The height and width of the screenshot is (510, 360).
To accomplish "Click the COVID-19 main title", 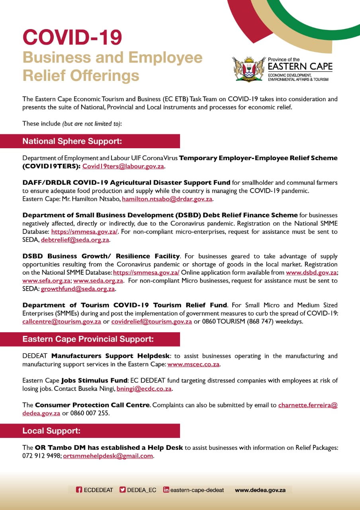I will click(x=72, y=38).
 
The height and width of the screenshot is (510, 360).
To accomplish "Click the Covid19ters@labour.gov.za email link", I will click(x=123, y=166).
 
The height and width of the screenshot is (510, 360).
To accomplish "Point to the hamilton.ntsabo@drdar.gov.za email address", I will click(x=167, y=199).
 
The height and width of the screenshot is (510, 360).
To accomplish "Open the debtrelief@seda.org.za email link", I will click(x=75, y=240).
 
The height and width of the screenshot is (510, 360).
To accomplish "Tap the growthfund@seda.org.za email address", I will click(x=78, y=289).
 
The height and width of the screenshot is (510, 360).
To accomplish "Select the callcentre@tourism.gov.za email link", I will click(x=62, y=322).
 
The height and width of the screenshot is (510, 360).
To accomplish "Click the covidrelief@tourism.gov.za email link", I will click(x=152, y=322).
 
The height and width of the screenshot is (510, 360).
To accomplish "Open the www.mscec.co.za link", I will click(x=194, y=364).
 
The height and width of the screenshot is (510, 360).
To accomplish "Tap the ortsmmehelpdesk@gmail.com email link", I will click(x=108, y=456).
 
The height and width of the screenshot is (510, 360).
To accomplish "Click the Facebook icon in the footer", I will click(x=79, y=490).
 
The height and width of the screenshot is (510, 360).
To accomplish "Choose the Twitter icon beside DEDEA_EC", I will click(x=123, y=490).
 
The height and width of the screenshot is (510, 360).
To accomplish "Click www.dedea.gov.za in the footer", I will click(x=260, y=490).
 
